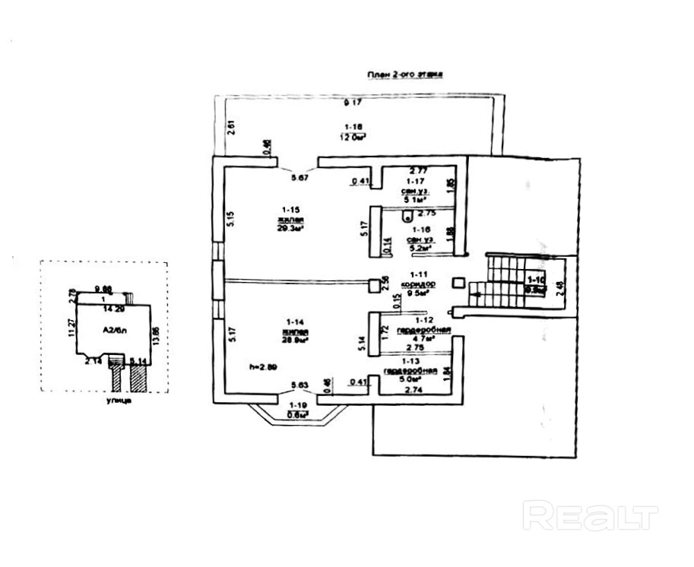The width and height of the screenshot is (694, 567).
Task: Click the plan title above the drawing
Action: tap(405, 74)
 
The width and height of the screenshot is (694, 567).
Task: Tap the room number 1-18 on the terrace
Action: tap(352, 125)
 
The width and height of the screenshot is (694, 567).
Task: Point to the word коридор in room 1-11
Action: tap(417, 282)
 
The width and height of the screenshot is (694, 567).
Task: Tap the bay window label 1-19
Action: tap(298, 406)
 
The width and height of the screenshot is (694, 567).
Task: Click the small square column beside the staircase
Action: tap(458, 283)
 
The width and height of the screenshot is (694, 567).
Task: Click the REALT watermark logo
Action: tap(591, 516)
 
